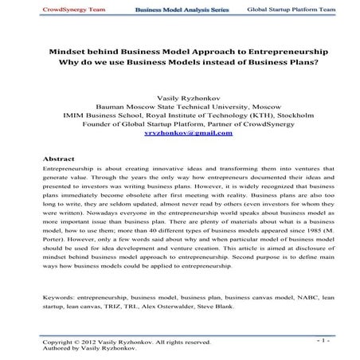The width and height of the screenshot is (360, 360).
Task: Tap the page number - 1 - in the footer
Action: pos(322,340)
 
